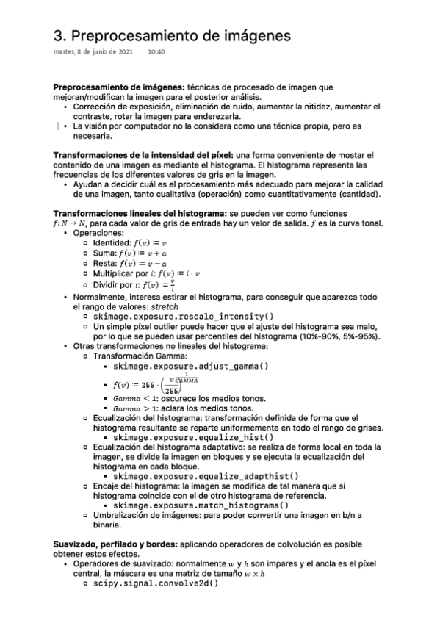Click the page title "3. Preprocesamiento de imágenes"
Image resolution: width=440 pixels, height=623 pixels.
tap(172, 35)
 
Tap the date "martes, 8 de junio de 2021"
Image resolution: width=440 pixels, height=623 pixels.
tap(93, 52)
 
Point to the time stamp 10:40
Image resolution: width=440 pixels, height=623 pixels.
tap(156, 52)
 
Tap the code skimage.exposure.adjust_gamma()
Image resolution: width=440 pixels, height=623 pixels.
tap(191, 365)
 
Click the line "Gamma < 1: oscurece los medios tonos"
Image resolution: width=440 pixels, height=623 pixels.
tap(190, 399)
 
